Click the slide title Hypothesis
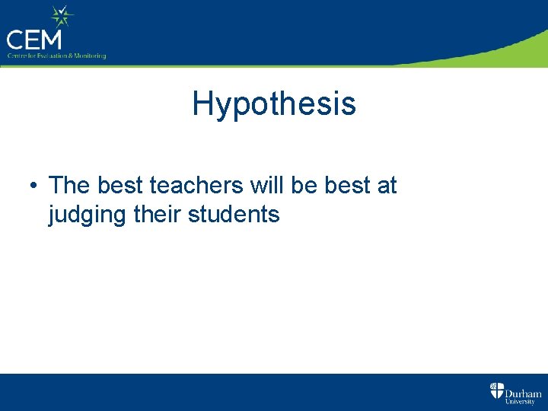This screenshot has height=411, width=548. click(274, 104)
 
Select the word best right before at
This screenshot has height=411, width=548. click(347, 185)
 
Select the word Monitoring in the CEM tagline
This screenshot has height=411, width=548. click(91, 56)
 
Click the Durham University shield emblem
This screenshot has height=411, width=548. click(496, 392)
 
